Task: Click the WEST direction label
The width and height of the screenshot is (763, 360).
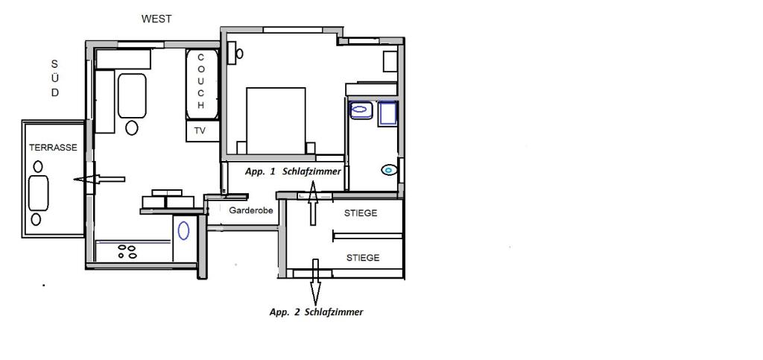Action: pyautogui.click(x=156, y=19)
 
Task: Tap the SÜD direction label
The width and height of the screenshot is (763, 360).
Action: pyautogui.click(x=55, y=78)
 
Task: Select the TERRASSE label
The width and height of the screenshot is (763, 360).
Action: pyautogui.click(x=53, y=148)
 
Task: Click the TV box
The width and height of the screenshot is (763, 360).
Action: pyautogui.click(x=203, y=131)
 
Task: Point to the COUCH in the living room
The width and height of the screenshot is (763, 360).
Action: pyautogui.click(x=202, y=84)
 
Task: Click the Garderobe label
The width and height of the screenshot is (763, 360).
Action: pyautogui.click(x=250, y=211)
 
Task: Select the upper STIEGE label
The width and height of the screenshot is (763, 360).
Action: pyautogui.click(x=361, y=213)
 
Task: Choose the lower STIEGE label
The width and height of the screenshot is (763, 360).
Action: pyautogui.click(x=363, y=258)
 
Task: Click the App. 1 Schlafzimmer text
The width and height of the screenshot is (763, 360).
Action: pyautogui.click(x=292, y=171)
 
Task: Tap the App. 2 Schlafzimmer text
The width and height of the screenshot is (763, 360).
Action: pyautogui.click(x=316, y=312)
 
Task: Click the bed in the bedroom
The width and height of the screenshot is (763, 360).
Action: pyautogui.click(x=276, y=121)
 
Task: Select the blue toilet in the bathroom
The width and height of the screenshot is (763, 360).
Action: pyautogui.click(x=389, y=170)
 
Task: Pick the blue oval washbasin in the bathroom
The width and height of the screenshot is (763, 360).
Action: pyautogui.click(x=361, y=110)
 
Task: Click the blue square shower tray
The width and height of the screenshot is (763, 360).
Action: pyautogui.click(x=387, y=114)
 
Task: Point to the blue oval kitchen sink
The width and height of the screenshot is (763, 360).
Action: pyautogui.click(x=183, y=230)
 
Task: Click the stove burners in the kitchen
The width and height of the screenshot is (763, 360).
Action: pyautogui.click(x=127, y=251)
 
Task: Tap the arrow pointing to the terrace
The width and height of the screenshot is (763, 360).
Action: pyautogui.click(x=99, y=180)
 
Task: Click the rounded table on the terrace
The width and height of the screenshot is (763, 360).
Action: pyautogui.click(x=39, y=193)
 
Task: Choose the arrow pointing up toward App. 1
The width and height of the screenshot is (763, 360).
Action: pyautogui.click(x=313, y=203)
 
